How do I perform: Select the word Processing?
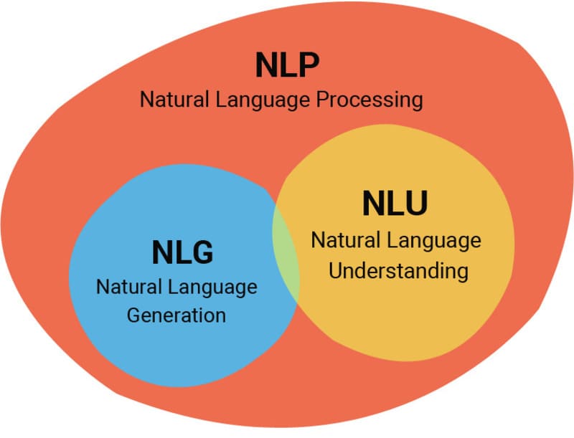pos(370,99)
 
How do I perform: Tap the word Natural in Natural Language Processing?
pos(169,99)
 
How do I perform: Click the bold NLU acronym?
pos(395,204)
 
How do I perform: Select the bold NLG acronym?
pos(183,252)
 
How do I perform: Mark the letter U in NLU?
pos(415,204)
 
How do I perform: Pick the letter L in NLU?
pos(394,204)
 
